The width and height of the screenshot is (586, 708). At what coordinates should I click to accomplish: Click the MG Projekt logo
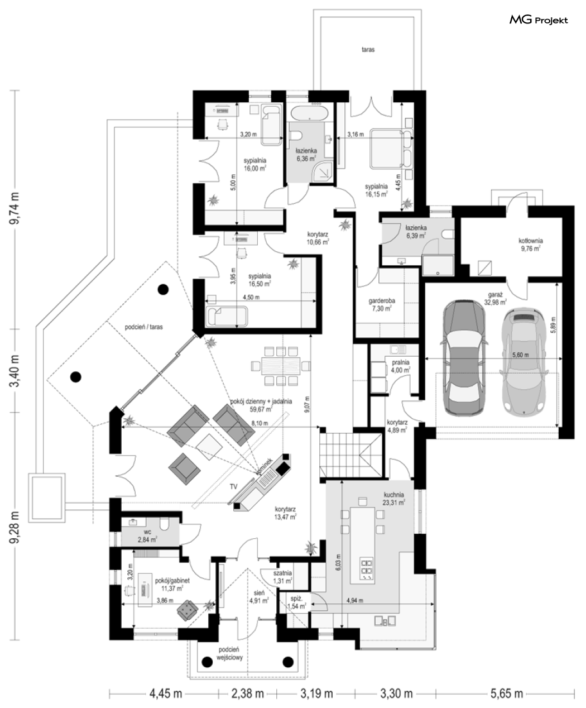(x=538, y=20)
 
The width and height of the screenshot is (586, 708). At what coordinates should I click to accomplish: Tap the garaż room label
(x=495, y=295)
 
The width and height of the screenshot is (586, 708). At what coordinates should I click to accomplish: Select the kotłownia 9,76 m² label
(x=530, y=245)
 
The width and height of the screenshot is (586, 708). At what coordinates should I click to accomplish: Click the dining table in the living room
(x=281, y=366)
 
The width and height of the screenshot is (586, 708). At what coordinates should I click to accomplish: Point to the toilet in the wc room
(x=165, y=524)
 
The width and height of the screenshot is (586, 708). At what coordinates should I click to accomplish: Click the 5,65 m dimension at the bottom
(x=507, y=693)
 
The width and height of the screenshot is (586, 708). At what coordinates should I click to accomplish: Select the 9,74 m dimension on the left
(x=15, y=208)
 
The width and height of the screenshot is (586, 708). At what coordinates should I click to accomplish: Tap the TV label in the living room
(x=233, y=486)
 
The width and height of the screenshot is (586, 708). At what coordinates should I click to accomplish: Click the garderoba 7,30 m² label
(x=382, y=304)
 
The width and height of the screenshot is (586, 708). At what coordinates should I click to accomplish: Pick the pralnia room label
(x=401, y=362)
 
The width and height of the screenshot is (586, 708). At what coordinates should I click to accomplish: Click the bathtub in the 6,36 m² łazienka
(x=309, y=113)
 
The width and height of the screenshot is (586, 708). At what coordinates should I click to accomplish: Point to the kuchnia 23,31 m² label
(x=394, y=499)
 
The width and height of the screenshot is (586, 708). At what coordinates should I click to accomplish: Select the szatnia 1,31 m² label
(x=282, y=577)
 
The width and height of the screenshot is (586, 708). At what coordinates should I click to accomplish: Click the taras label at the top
(x=368, y=50)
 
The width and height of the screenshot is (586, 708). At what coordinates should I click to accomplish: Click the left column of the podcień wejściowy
(x=206, y=662)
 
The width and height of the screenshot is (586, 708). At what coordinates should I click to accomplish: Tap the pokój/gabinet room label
(x=172, y=581)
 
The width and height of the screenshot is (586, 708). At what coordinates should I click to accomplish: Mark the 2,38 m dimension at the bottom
(x=247, y=693)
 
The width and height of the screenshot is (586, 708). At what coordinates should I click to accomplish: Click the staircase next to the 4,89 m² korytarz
(x=352, y=455)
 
